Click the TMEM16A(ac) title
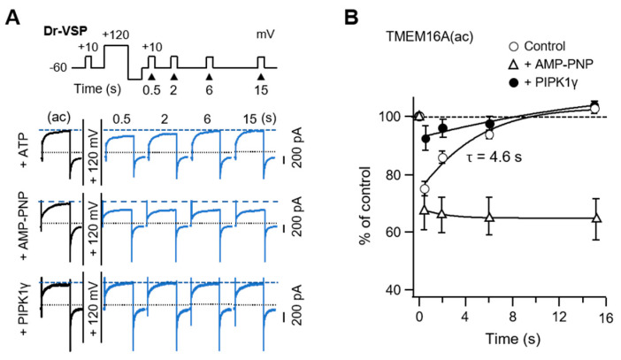click(x=420, y=38)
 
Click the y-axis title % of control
click(x=365, y=204)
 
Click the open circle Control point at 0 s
click(x=425, y=188)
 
